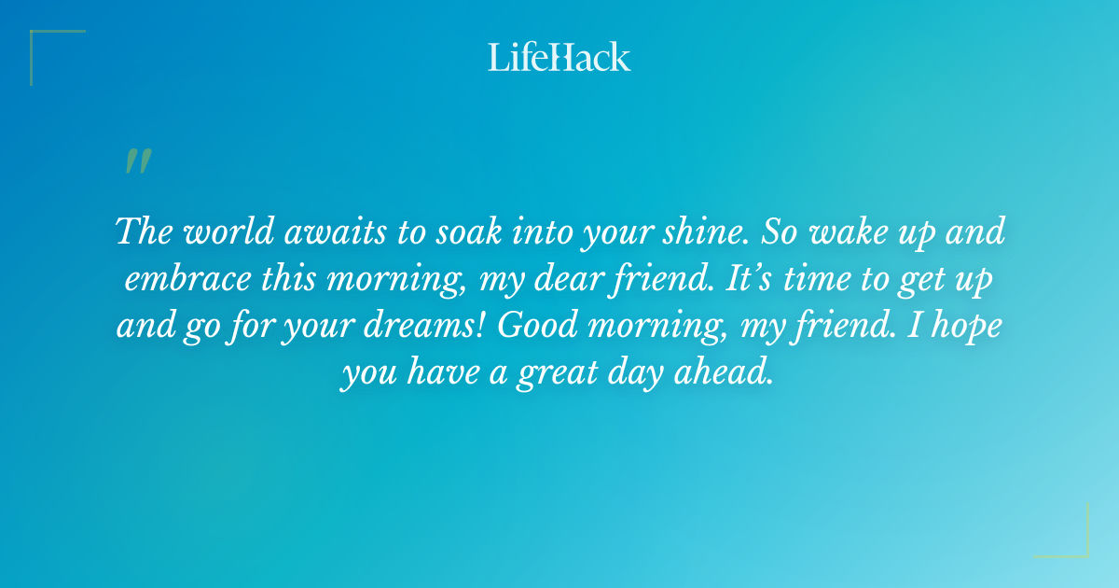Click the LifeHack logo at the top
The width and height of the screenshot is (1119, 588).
559,57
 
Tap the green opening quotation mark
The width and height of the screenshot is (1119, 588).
137,162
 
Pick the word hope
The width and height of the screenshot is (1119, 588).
964,328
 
